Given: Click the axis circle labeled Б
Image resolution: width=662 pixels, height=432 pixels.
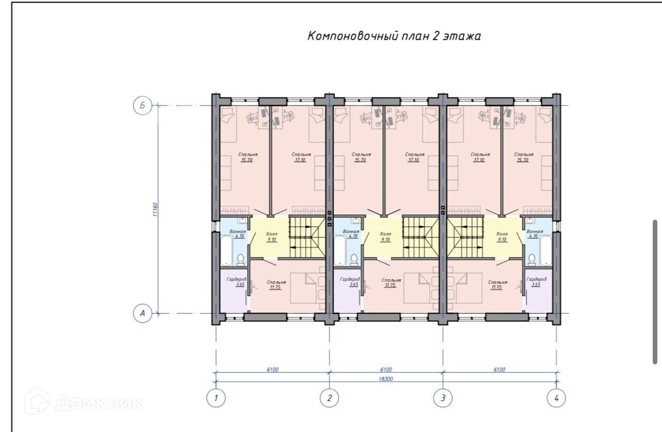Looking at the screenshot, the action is (x=142, y=106).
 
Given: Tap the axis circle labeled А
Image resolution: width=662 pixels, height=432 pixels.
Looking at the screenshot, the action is (x=142, y=313).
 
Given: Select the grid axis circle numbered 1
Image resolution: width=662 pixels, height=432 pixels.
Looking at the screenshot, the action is (x=216, y=398).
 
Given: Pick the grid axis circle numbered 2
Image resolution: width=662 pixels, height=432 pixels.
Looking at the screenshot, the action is (x=329, y=398).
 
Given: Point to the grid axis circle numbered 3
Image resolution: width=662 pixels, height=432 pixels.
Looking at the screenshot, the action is (x=443, y=398).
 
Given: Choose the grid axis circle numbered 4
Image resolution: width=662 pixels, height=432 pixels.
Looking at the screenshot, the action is (x=556, y=398).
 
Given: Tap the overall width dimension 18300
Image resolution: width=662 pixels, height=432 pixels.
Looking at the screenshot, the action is (x=386, y=379).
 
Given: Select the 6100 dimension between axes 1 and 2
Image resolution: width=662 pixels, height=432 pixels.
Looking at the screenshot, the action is (x=273, y=369).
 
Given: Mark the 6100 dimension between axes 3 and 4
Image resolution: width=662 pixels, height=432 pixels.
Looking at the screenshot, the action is (x=500, y=369).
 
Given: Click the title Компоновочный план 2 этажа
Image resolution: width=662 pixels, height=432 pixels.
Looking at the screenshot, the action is (x=394, y=36).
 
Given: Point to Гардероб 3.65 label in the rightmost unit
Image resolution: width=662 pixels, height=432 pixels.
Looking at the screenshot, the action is (x=536, y=282).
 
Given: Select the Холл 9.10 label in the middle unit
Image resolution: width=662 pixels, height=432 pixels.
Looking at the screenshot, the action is (x=385, y=237).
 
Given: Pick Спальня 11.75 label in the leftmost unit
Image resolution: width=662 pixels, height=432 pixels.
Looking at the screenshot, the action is (x=275, y=285).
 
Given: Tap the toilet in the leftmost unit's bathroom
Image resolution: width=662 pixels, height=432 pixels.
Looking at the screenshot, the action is (x=240, y=258).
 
